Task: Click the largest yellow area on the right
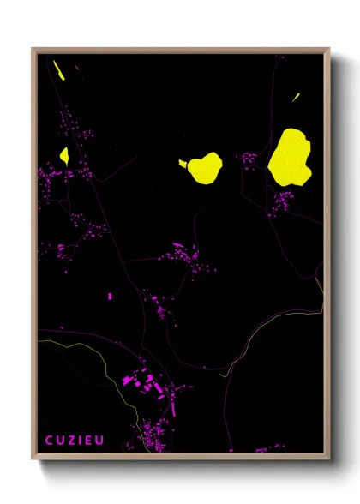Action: pyautogui.click(x=290, y=156)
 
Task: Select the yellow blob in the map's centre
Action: pyautogui.click(x=205, y=166)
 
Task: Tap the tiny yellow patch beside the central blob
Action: pyautogui.click(x=182, y=163)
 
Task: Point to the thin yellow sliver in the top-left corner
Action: pyautogui.click(x=59, y=69)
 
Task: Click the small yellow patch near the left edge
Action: pyautogui.click(x=63, y=156)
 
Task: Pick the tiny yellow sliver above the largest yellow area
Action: pyautogui.click(x=297, y=97)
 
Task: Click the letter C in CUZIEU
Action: pyautogui.click(x=49, y=441)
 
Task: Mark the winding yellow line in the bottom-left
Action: pyautogui.click(x=107, y=369)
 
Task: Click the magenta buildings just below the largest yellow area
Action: pyautogui.click(x=282, y=201)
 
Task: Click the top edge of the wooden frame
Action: pyautogui.click(x=180, y=50)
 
